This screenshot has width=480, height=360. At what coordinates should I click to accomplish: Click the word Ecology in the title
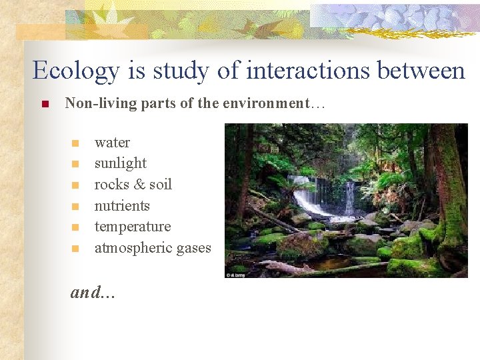(77, 71)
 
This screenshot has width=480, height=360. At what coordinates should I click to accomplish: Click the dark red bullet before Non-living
(45, 104)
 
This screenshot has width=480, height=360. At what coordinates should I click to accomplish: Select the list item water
(112, 143)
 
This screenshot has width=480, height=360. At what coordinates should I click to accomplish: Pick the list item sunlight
(120, 163)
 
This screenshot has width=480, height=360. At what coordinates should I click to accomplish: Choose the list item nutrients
(122, 206)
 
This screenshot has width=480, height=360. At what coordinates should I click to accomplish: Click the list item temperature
(133, 227)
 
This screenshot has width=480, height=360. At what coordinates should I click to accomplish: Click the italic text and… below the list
(93, 291)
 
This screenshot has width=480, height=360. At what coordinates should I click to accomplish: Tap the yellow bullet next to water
(75, 143)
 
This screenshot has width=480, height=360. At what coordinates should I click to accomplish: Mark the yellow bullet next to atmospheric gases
(75, 249)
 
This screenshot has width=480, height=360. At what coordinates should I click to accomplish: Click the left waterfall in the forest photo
(305, 197)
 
